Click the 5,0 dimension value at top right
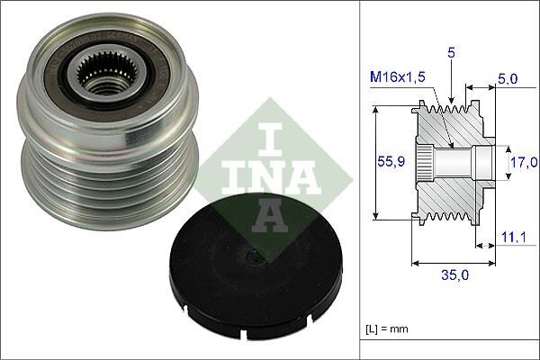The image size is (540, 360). click(508, 79)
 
